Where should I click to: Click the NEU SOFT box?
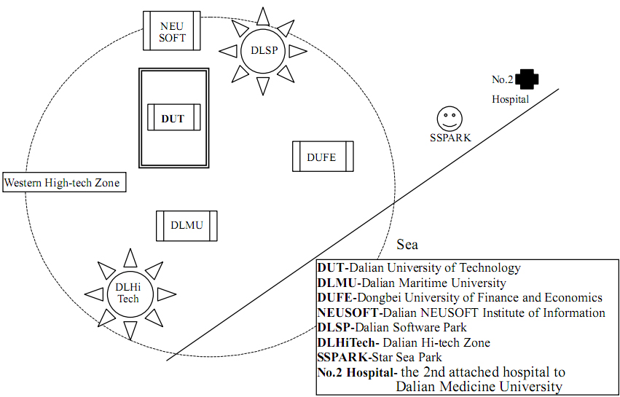point(172,31)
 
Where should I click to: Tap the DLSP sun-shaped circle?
point(263,51)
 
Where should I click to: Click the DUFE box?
point(323,156)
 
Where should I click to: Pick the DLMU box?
point(187,225)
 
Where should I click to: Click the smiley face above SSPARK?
point(449,118)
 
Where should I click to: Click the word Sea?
point(407,245)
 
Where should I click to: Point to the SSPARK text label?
point(450,137)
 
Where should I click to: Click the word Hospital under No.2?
point(510,99)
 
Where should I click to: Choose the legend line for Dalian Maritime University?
point(411,283)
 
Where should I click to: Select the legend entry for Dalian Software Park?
point(392,327)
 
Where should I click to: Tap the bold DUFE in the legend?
point(334,297)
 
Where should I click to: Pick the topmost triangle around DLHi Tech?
point(130,257)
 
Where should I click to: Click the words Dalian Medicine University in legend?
point(479,387)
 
